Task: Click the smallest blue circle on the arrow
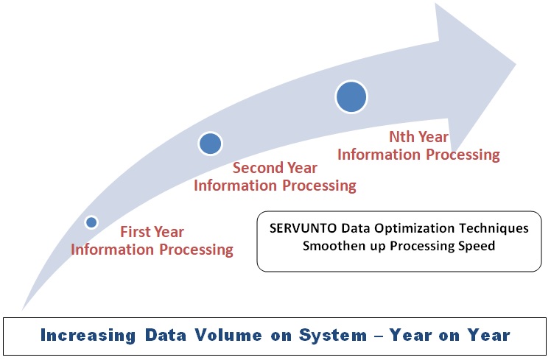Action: coord(91,222)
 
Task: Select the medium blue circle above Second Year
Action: coord(210,144)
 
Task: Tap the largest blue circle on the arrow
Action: coord(351,97)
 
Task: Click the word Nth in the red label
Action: coord(401,137)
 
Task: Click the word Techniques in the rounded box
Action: coord(494,228)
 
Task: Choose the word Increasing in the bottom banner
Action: coord(88,335)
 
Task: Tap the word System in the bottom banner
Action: coord(333,336)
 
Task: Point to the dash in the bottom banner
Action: coord(379,336)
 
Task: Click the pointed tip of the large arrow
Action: coord(515,64)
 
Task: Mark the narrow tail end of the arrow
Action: coord(22,310)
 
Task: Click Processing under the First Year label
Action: coord(196,250)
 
